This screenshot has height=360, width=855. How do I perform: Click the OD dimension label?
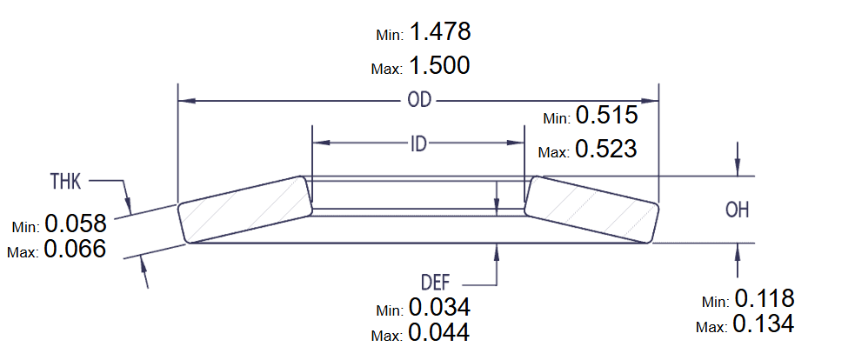pos(418,100)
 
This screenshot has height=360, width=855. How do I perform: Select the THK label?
pos(66,182)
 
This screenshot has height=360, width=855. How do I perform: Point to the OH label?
pos(738,210)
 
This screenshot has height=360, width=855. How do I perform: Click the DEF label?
pos(436,283)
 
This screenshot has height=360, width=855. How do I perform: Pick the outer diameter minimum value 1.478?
pos(439,31)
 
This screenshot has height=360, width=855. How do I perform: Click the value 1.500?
pos(439,66)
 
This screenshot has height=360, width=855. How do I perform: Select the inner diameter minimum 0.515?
pos(607,115)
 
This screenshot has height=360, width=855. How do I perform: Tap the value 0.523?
pos(606,149)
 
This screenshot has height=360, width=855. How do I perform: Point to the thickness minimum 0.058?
pos(76,223)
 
